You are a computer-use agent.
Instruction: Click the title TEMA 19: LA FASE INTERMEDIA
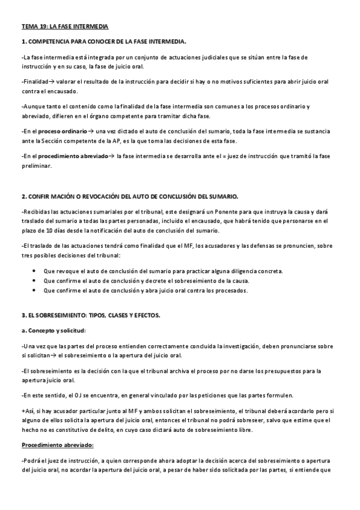[65, 28]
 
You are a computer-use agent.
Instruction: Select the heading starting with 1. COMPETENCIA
[103, 41]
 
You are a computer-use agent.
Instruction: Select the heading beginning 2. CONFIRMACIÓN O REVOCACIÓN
[129, 197]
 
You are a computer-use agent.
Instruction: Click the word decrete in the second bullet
[178, 281]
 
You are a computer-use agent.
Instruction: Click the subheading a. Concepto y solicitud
[53, 331]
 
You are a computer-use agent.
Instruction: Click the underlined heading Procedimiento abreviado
[58, 446]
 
